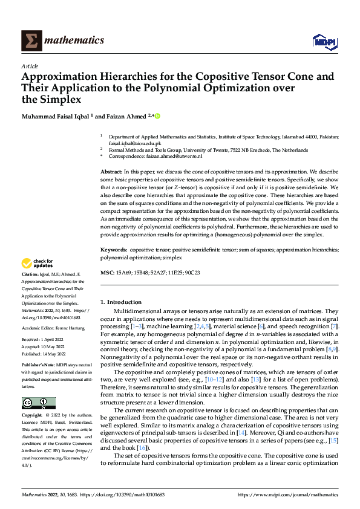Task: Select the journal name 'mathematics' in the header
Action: tap(76, 41)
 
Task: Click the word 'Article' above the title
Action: tap(29, 66)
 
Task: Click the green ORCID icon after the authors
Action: tap(158, 116)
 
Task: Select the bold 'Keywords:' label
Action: tap(114, 249)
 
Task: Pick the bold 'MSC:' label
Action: tap(106, 273)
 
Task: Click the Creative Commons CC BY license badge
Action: tap(38, 403)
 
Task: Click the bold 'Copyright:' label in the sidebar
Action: tap(33, 416)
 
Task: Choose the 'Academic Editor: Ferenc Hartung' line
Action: tap(51, 327)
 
